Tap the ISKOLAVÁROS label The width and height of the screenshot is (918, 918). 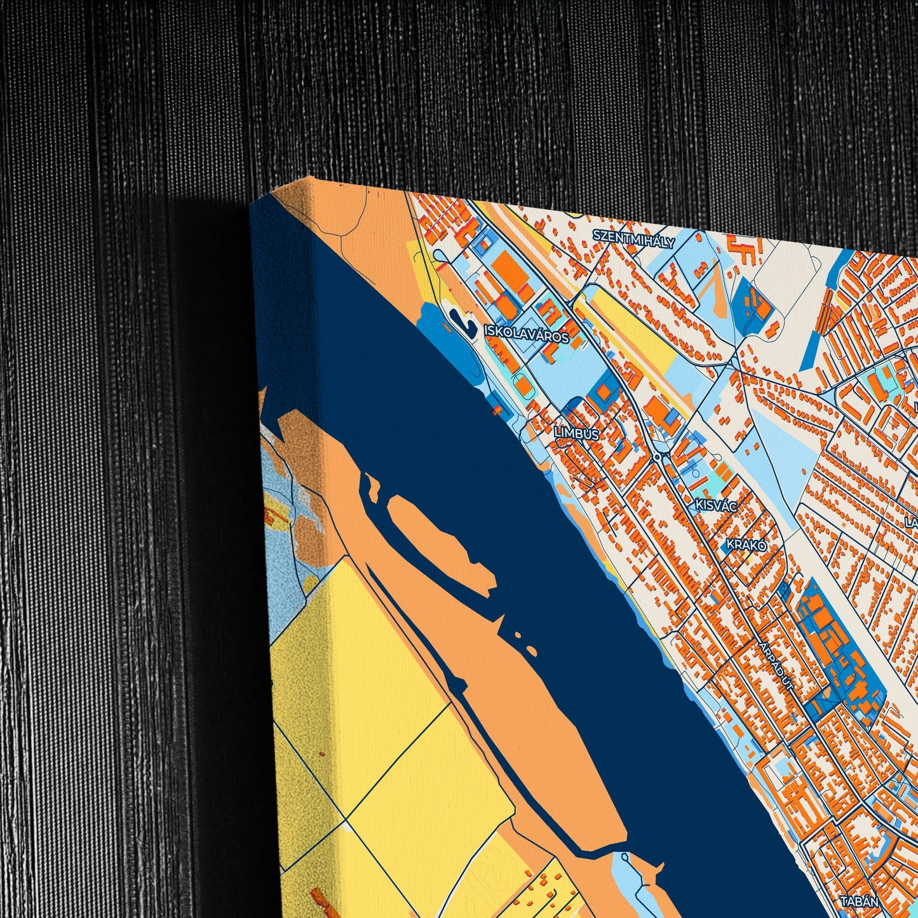526,334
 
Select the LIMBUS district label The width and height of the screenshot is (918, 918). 576,433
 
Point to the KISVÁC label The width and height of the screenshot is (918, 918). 715,506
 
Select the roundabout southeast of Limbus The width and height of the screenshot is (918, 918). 657,457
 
